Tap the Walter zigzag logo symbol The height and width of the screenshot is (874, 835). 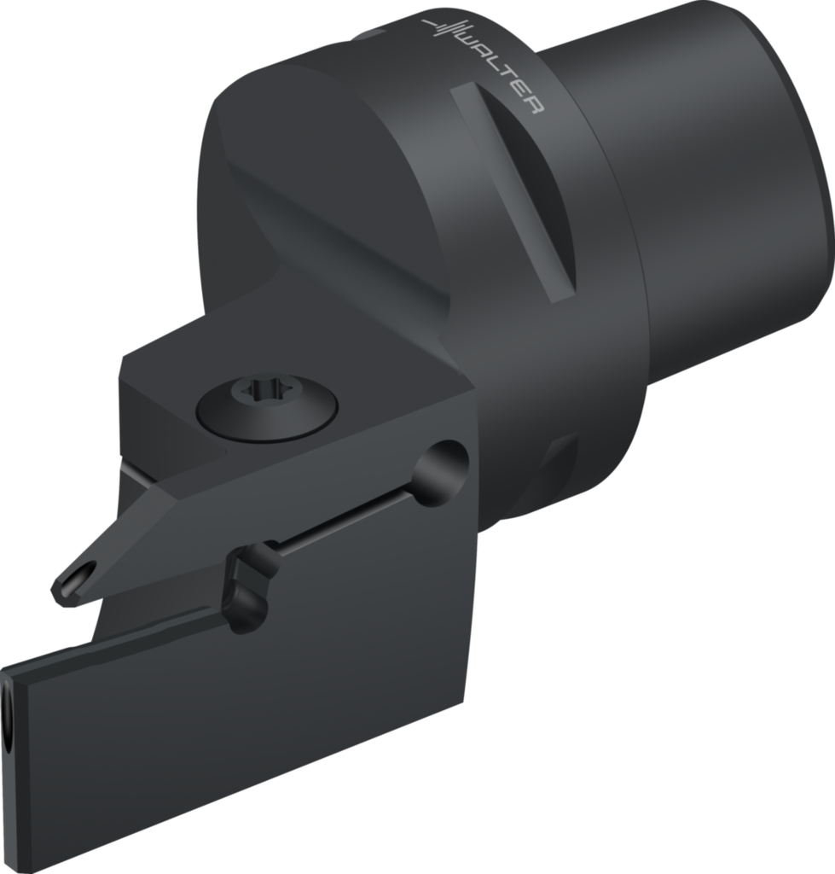444,28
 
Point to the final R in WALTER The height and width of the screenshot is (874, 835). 535,106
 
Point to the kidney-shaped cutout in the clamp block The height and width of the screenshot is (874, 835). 249,589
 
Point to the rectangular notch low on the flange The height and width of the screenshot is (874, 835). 559,465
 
